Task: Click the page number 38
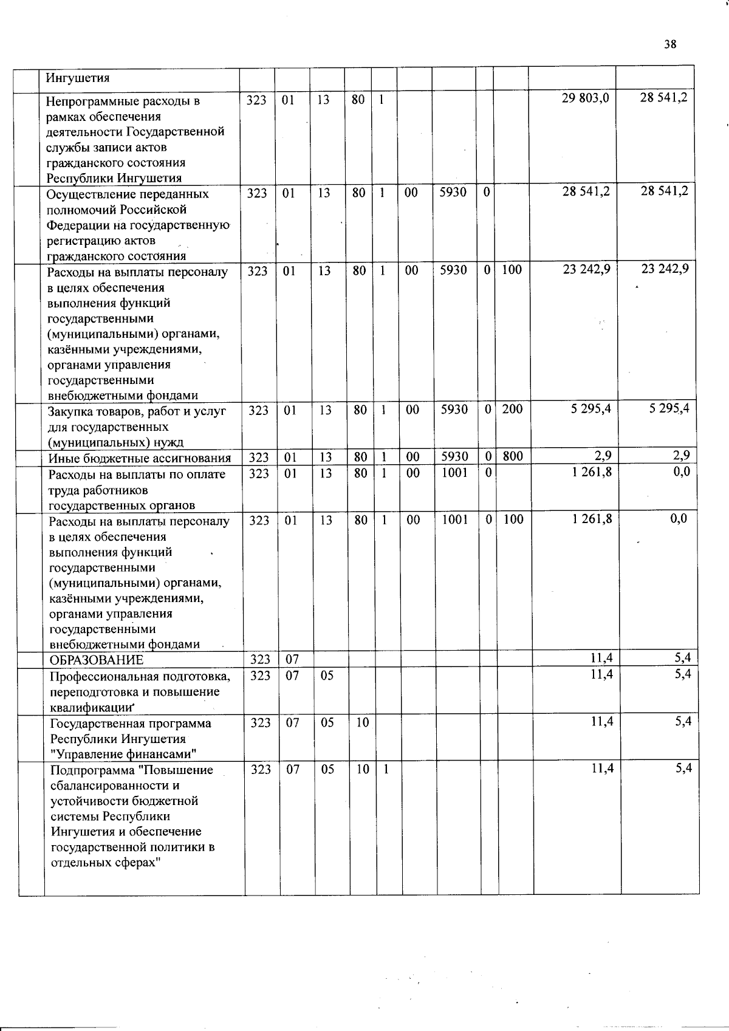pyautogui.click(x=670, y=44)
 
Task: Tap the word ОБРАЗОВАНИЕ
pyautogui.click(x=97, y=660)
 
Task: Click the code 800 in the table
pyautogui.click(x=513, y=456)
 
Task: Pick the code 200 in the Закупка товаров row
pyautogui.click(x=512, y=409)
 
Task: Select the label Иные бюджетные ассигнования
pyautogui.click(x=140, y=458)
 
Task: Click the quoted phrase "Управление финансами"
pyautogui.click(x=123, y=755)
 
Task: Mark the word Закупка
pyautogui.click(x=70, y=411)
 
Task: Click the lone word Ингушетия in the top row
pyautogui.click(x=74, y=78)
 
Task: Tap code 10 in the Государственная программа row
pyautogui.click(x=362, y=723)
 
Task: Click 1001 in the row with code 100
pyautogui.click(x=454, y=519)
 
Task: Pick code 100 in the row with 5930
pyautogui.click(x=512, y=270)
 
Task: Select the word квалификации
pyautogui.click(x=91, y=708)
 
